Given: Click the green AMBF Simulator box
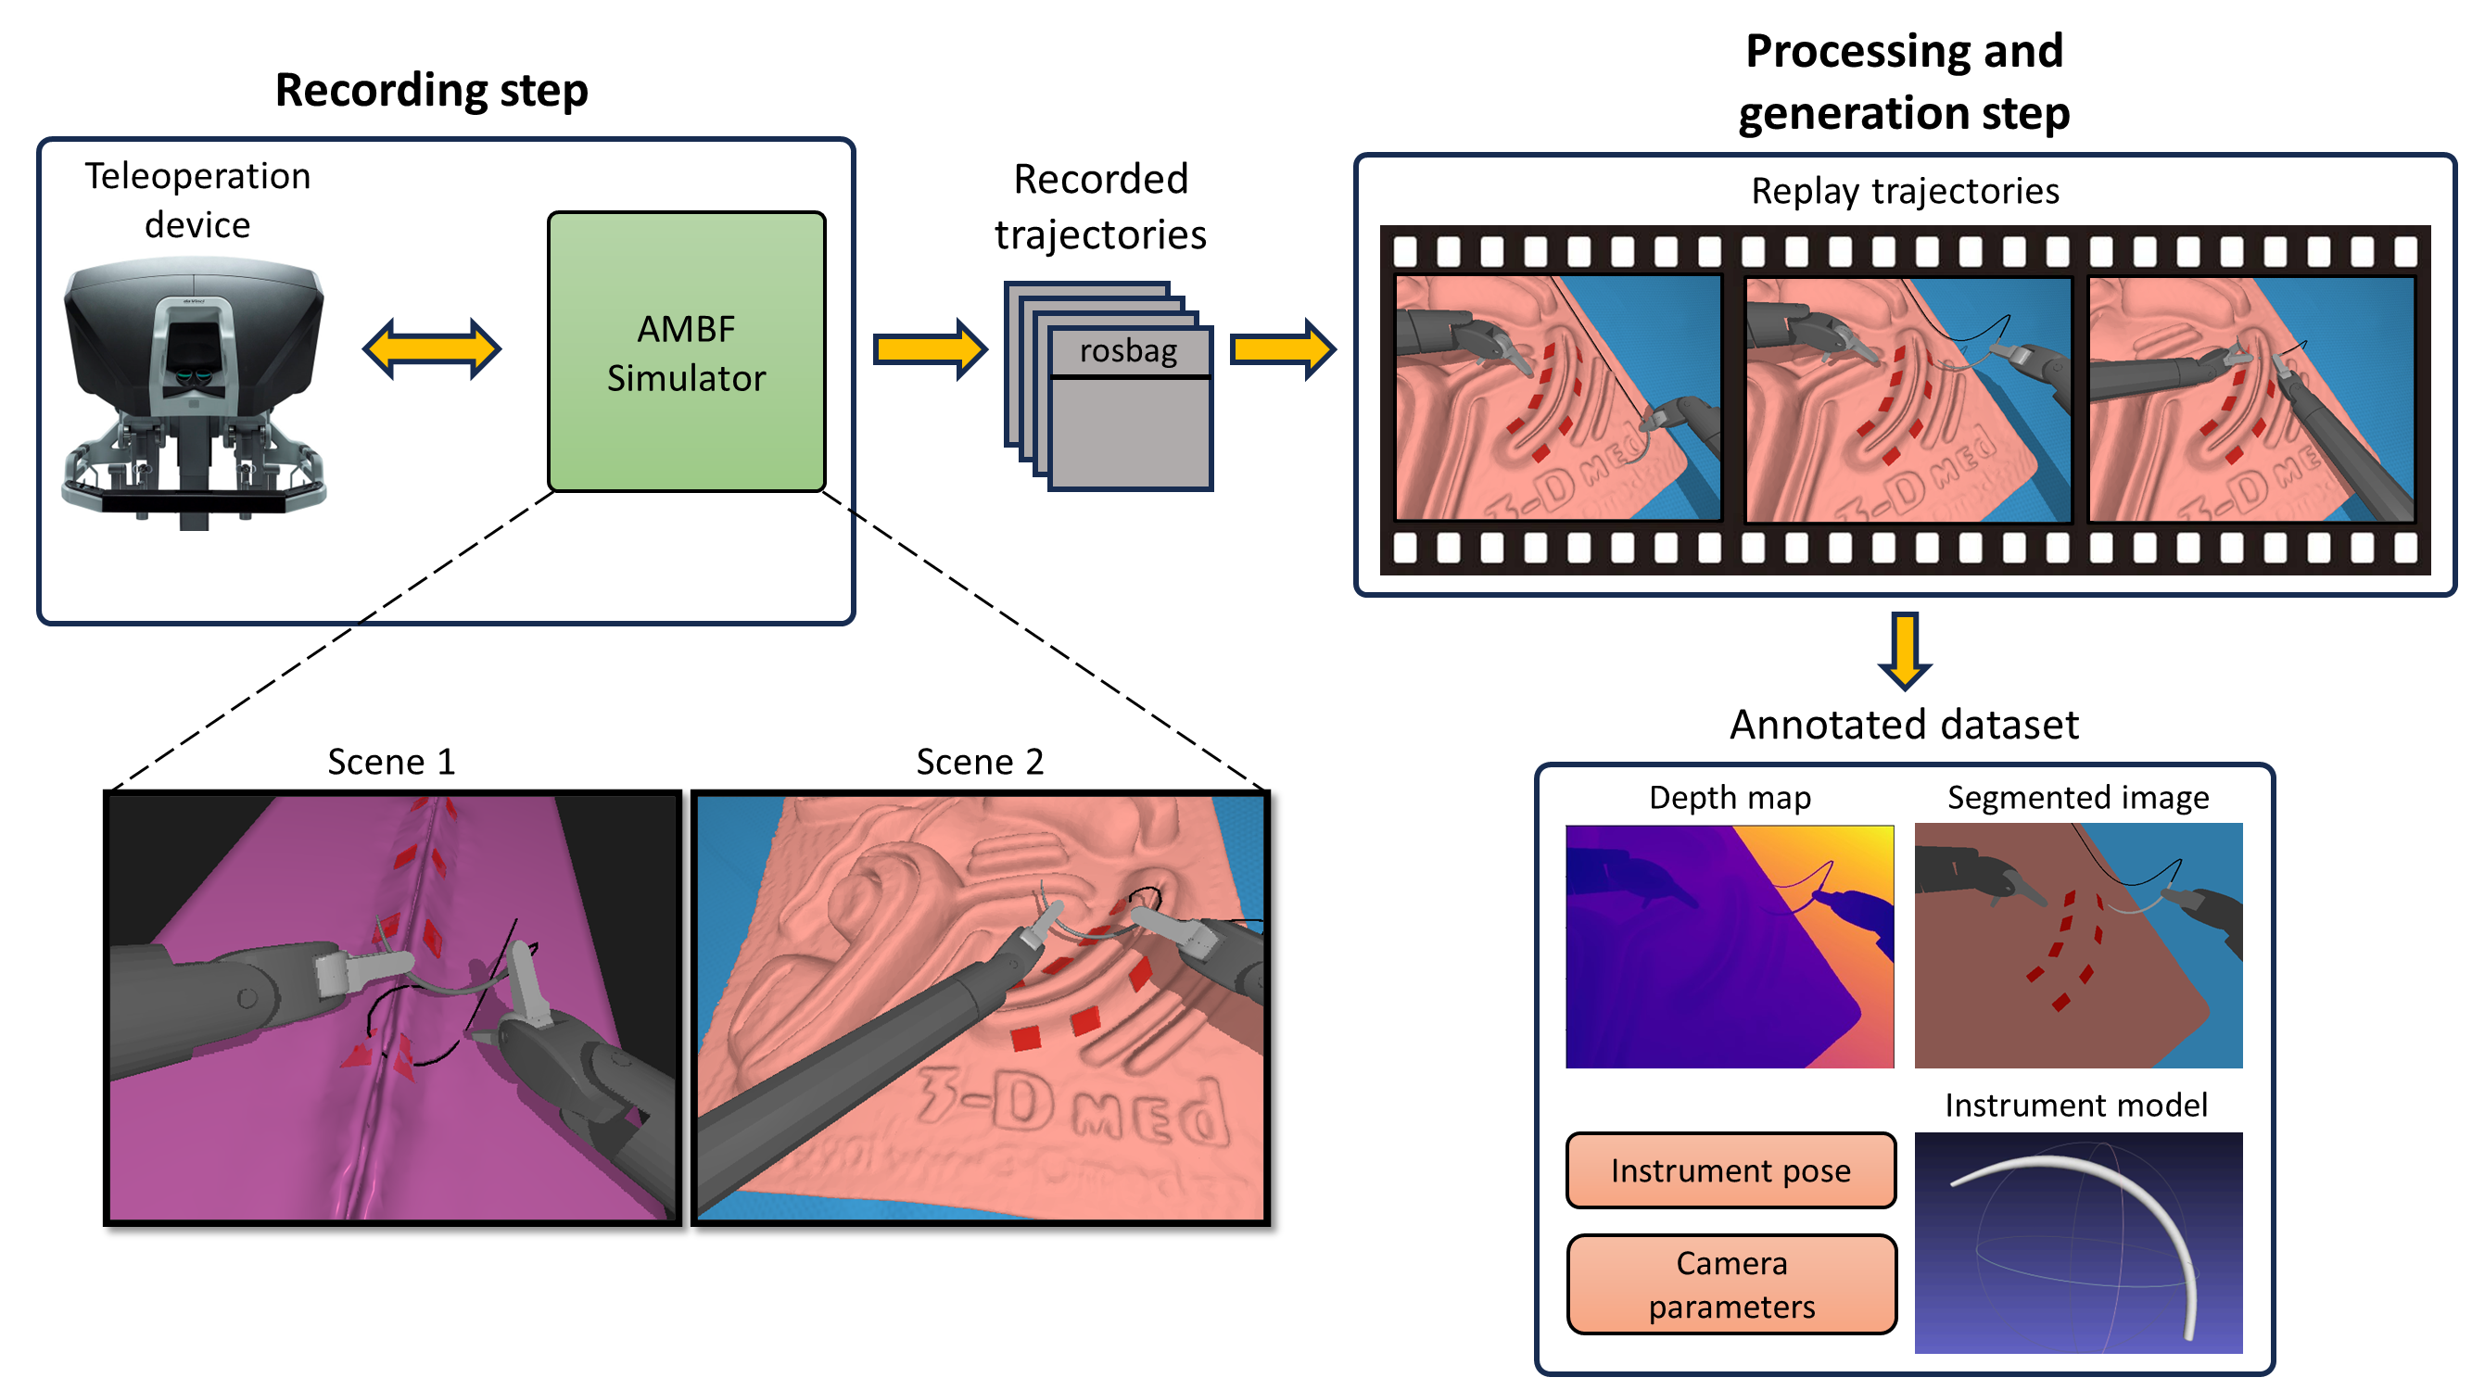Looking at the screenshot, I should point(686,351).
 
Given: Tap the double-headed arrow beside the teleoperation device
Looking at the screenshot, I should point(431,348).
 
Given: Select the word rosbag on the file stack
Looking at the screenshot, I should point(1128,351).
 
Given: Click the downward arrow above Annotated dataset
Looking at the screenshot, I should point(1904,651).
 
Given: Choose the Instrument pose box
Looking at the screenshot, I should point(1730,1170).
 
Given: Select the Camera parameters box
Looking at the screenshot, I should point(1730,1284).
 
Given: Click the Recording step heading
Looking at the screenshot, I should point(431,90).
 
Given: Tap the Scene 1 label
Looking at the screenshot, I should point(390,762).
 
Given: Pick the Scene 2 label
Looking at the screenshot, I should point(979,762).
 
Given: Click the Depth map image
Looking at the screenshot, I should point(1730,946).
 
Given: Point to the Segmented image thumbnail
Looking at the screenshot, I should point(2077,946).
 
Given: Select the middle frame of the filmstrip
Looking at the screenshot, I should point(1907,399).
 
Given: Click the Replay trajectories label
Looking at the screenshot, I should point(1904,191).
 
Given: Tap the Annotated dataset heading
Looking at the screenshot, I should point(1904,725).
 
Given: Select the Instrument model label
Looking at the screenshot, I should point(2075,1106).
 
